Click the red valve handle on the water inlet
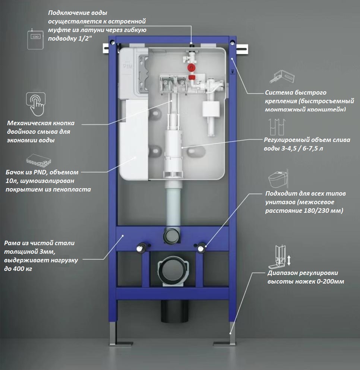[191, 68]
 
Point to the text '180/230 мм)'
[323, 211]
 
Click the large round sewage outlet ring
[172, 270]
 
